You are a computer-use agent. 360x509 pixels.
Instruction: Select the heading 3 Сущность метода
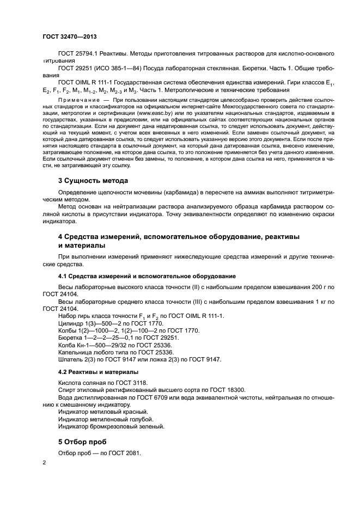(x=93, y=181)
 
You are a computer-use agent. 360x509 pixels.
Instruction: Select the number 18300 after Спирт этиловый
(x=236, y=390)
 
